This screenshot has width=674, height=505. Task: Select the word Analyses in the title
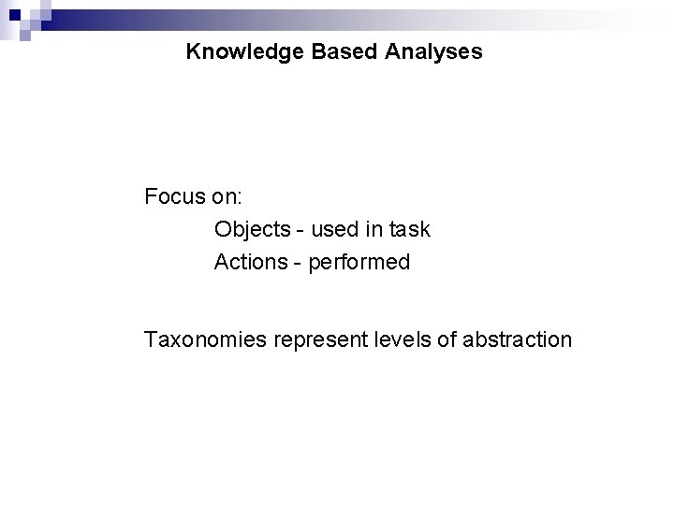pos(433,52)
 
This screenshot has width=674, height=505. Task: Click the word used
pos(331,229)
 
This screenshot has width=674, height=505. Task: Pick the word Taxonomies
pos(205,339)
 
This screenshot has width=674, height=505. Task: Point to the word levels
pos(403,339)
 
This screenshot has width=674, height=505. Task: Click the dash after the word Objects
pos(299,230)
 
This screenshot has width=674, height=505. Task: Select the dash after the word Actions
pos(297,263)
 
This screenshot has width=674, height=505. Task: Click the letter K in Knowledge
pos(193,52)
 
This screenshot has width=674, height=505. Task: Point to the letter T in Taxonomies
pos(150,339)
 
